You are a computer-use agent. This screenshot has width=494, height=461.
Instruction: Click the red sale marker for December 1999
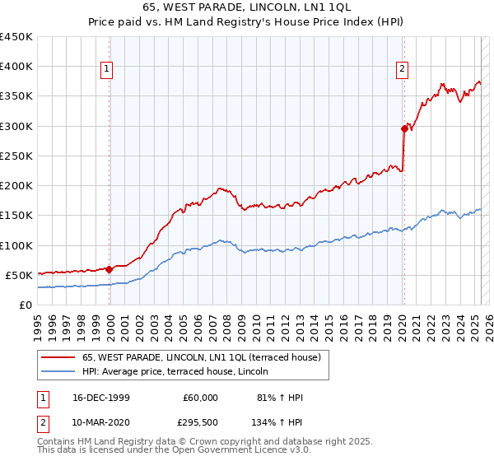pyautogui.click(x=109, y=268)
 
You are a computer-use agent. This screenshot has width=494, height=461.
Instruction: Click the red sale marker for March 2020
pyautogui.click(x=404, y=128)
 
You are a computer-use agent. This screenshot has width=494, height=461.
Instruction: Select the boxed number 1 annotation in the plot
pyautogui.click(x=107, y=69)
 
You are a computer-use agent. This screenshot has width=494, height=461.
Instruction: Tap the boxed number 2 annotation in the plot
pyautogui.click(x=403, y=69)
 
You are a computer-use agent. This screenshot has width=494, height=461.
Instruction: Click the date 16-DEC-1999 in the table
pyautogui.click(x=96, y=398)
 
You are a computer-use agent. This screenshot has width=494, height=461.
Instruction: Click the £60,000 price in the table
pyautogui.click(x=201, y=398)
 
